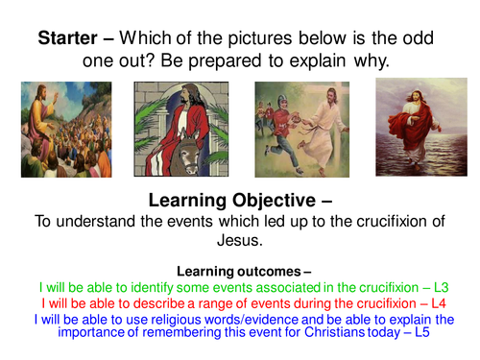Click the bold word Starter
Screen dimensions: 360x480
[x=69, y=39]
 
